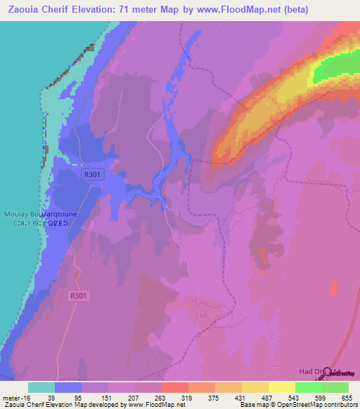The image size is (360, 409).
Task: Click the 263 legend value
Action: tap(161, 397)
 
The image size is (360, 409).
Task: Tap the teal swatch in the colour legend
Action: tap(41, 387)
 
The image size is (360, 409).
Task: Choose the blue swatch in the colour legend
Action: tap(68, 387)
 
